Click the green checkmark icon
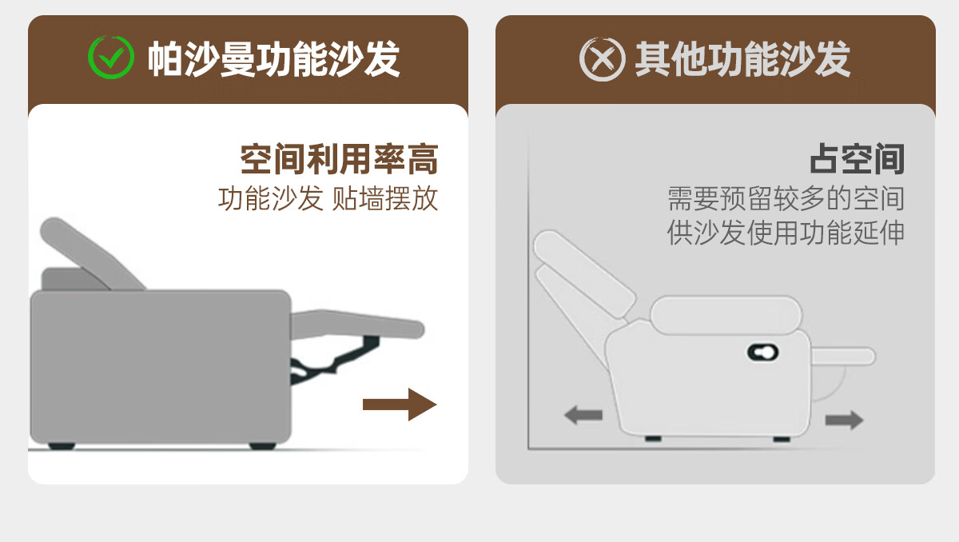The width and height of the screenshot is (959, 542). tap(111, 58)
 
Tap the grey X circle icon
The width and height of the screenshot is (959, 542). tap(602, 59)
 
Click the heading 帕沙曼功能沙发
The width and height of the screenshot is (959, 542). tap(273, 59)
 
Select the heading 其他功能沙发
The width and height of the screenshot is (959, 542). tap(742, 59)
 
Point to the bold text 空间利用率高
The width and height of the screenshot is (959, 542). tap(339, 159)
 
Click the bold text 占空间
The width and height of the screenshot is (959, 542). tap(857, 159)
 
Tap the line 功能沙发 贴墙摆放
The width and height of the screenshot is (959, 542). tap(328, 198)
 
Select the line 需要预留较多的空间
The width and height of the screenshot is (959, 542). tap(786, 198)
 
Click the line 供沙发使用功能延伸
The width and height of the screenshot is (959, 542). tap(786, 233)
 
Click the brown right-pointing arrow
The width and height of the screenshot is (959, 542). tap(400, 405)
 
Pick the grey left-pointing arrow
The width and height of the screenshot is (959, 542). tap(583, 415)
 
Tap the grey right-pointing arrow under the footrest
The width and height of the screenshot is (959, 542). tap(844, 420)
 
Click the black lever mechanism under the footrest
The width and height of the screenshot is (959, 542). tap(334, 360)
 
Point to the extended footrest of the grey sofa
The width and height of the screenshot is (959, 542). tap(357, 324)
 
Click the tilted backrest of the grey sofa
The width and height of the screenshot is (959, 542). tap(92, 254)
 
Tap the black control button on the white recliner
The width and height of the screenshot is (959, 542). tap(762, 353)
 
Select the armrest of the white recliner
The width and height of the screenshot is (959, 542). tap(726, 315)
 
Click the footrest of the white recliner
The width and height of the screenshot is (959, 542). tap(843, 357)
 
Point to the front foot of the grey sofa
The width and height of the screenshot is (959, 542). tap(262, 446)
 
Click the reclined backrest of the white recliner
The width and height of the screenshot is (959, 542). tap(584, 274)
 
